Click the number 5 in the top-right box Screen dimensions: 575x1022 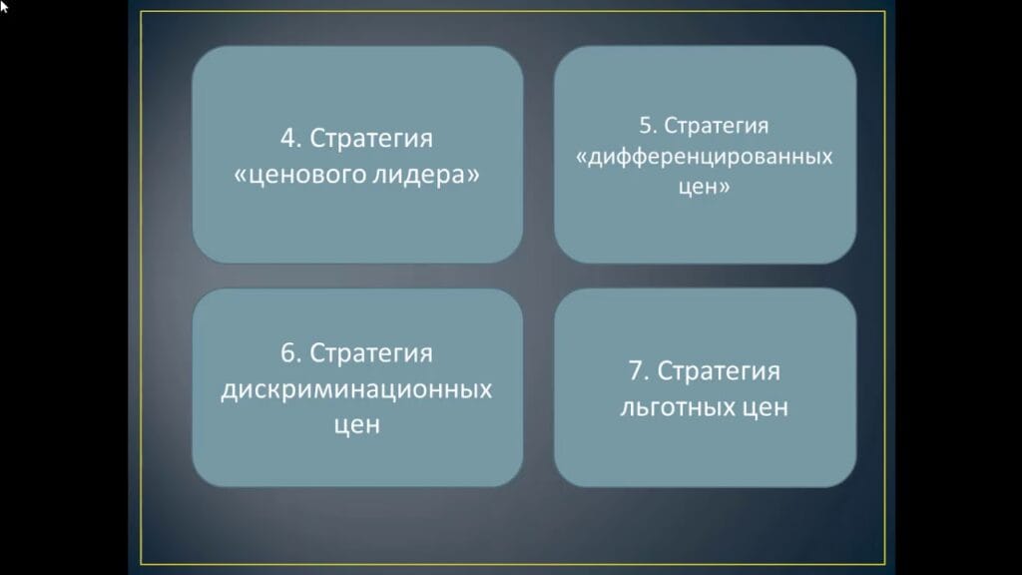pyautogui.click(x=646, y=126)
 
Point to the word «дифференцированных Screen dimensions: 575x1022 pyautogui.click(x=705, y=157)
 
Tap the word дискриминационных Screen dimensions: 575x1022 pyautogui.click(x=356, y=388)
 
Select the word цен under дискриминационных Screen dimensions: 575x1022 pyautogui.click(x=356, y=423)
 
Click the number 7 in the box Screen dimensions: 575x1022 pyautogui.click(x=637, y=372)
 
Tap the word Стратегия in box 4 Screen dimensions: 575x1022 pyautogui.click(x=372, y=139)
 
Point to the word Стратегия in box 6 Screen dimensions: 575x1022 pyautogui.click(x=371, y=354)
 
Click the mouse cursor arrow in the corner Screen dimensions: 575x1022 pyautogui.click(x=4, y=5)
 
